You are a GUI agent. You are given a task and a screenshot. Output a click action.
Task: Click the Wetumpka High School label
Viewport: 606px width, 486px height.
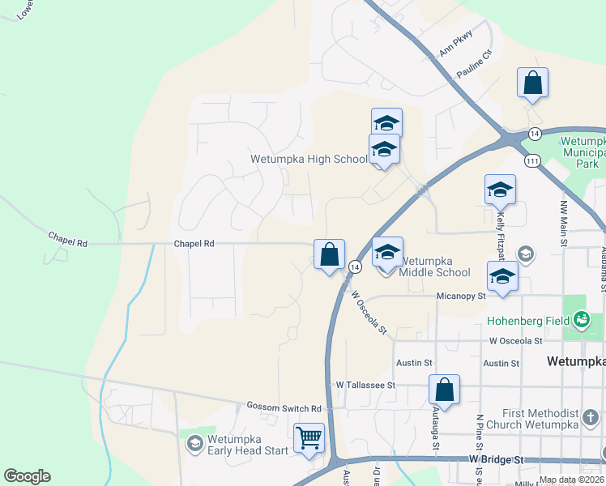coord(308,159)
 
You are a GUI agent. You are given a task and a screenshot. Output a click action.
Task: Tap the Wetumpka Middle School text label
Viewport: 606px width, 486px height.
coord(434,266)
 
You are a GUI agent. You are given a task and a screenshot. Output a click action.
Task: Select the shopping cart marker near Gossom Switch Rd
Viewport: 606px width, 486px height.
coord(309,438)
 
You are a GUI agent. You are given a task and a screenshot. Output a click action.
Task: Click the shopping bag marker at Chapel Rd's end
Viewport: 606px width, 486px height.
coord(329,254)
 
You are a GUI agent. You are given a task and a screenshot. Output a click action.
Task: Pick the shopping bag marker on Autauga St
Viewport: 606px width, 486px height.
coord(444,390)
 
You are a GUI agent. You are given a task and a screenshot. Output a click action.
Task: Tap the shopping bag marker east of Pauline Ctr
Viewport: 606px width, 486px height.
coord(532,83)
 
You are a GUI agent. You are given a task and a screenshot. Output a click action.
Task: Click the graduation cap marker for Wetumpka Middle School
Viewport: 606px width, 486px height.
coord(387,252)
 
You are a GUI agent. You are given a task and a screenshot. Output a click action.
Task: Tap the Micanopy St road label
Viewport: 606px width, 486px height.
coord(460,296)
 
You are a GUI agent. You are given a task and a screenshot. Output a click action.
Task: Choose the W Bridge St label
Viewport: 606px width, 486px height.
coord(496,459)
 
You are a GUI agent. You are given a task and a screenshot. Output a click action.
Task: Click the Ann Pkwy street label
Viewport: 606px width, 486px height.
coord(455,49)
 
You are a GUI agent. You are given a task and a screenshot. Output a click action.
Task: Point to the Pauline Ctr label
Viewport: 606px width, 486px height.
coord(474,65)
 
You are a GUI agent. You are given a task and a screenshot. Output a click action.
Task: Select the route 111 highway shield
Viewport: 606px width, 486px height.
coord(532,161)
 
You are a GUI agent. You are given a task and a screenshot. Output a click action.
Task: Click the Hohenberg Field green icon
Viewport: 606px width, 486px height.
coord(581,322)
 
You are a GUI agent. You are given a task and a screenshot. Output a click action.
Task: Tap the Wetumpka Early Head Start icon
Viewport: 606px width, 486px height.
coord(194,443)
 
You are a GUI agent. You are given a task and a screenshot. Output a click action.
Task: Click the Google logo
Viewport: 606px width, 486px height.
coord(27,476)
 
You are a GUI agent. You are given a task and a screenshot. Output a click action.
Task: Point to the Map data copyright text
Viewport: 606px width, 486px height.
coord(571,480)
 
